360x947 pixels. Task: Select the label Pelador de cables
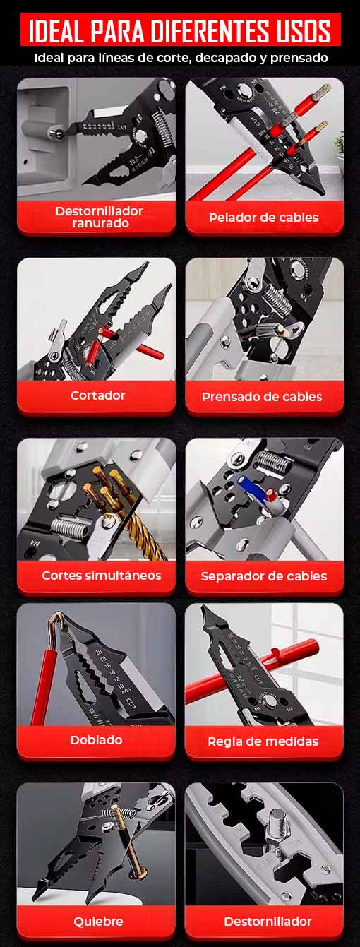pos(264,218)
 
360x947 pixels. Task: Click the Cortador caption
pos(97,395)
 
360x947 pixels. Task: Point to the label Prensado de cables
pos(262,397)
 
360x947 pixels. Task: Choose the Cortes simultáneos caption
pos(102,576)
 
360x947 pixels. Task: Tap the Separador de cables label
pos(264,576)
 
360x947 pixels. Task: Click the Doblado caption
pos(96,740)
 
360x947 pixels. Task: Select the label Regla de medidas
pos(263,741)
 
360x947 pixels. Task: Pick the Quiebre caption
pos(98,921)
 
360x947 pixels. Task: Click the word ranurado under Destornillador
pos(100,222)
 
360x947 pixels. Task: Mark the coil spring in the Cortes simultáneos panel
pos(71,528)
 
